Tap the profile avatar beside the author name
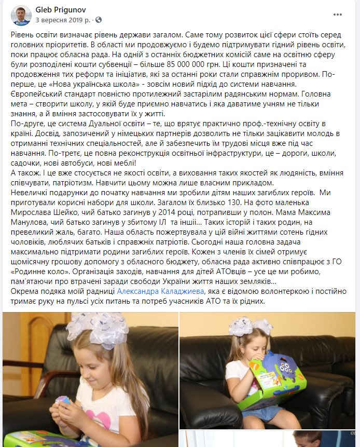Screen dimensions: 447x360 (x=21, y=16)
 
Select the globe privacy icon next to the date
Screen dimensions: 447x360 (x=99, y=20)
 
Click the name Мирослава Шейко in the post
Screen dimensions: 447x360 (x=38, y=212)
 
